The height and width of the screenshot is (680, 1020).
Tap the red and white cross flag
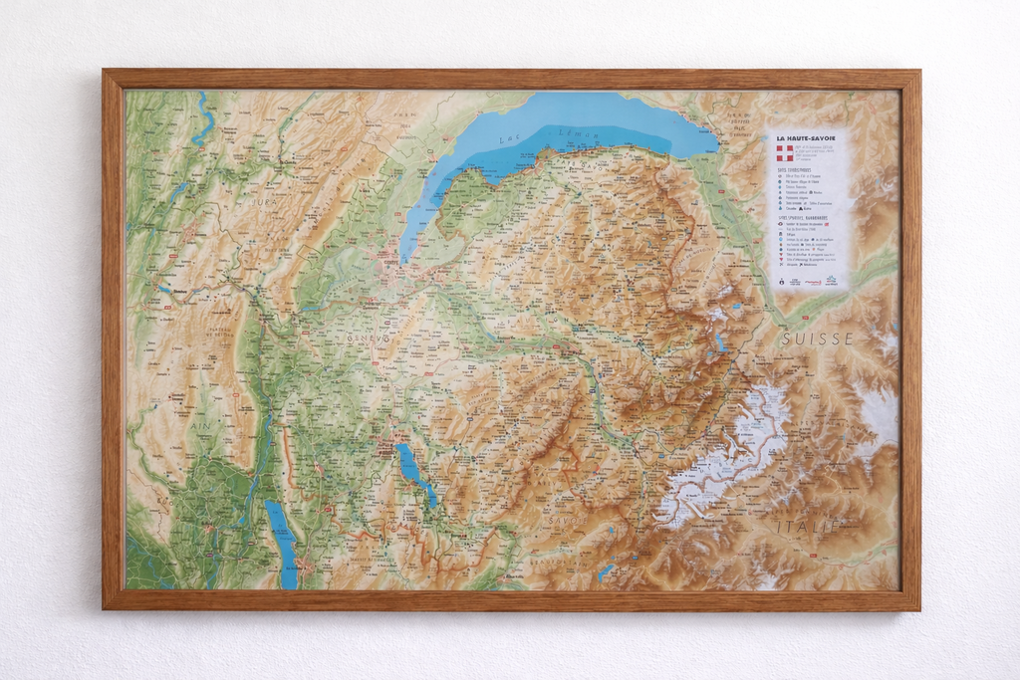(785, 153)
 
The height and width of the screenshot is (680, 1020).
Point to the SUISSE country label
(817, 339)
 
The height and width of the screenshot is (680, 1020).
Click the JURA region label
(264, 202)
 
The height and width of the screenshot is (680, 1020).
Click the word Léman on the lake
(576, 133)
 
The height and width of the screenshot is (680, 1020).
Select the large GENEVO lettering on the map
(369, 340)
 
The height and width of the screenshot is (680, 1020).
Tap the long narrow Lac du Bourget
(282, 543)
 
